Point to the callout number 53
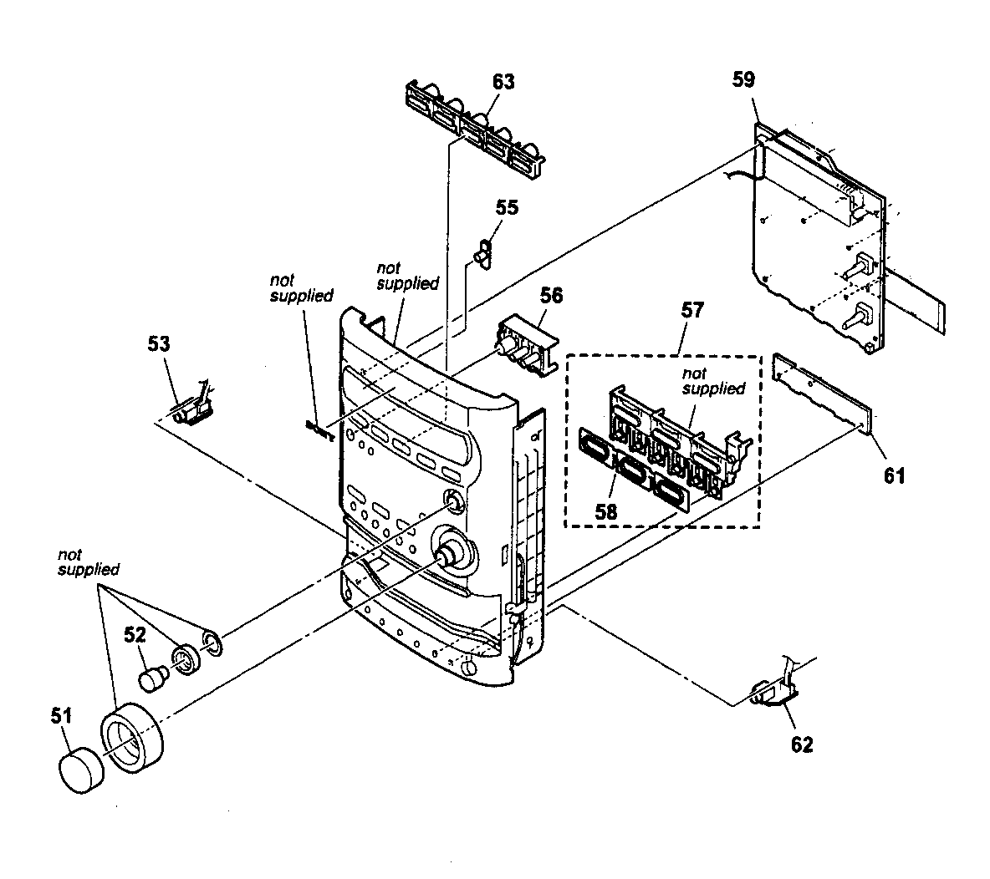click(x=159, y=343)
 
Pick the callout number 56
click(x=551, y=295)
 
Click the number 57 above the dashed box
click(x=692, y=311)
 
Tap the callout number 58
click(x=605, y=511)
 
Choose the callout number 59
click(x=742, y=80)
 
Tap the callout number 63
click(x=503, y=82)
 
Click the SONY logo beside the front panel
click(x=319, y=428)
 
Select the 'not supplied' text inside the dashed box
click(x=713, y=381)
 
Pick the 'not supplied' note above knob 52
click(x=88, y=561)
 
